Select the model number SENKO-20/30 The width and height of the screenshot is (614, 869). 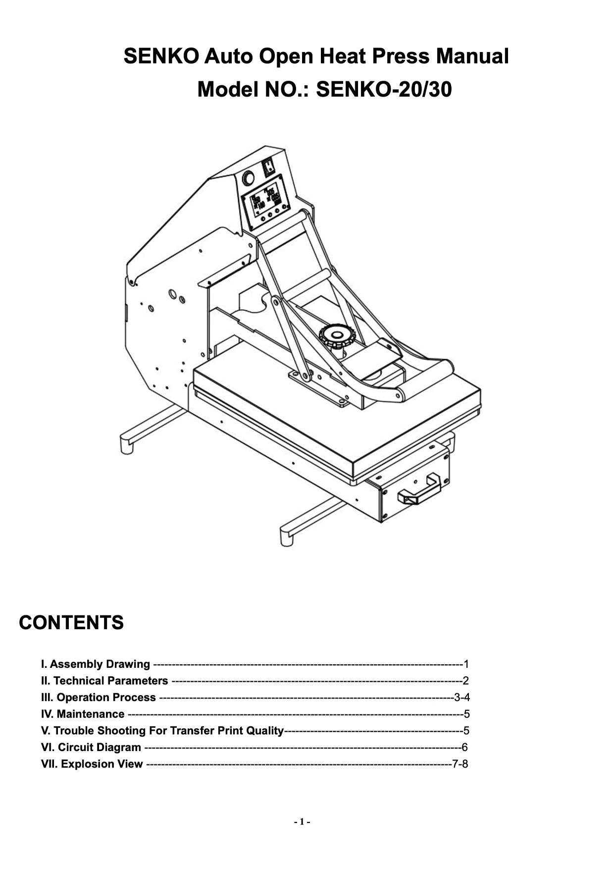click(x=384, y=90)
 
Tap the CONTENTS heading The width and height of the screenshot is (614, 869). click(x=71, y=622)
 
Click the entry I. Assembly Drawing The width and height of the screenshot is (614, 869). click(x=96, y=664)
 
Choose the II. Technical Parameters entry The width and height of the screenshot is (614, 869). click(x=104, y=681)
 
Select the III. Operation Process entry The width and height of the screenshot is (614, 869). click(x=99, y=698)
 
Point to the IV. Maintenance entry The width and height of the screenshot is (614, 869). click(x=83, y=714)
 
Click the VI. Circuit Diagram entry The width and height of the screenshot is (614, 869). click(x=91, y=747)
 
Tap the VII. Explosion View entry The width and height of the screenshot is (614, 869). click(x=92, y=764)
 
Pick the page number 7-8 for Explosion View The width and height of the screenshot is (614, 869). click(x=460, y=764)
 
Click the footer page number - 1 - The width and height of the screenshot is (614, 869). click(x=302, y=822)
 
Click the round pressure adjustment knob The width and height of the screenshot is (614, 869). click(x=337, y=336)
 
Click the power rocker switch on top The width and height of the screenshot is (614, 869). click(x=268, y=166)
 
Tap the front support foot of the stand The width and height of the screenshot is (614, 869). click(x=287, y=537)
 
